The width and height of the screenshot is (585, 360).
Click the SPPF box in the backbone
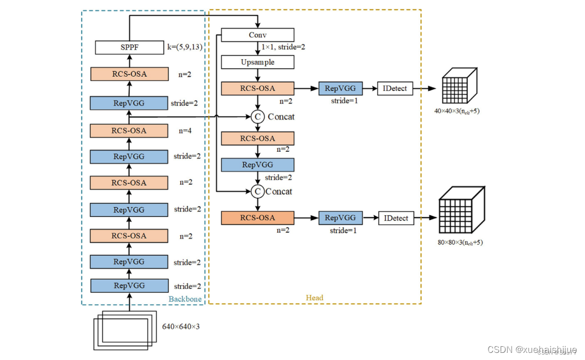129,47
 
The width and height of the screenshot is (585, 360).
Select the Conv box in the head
257,35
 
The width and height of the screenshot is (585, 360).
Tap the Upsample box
257,62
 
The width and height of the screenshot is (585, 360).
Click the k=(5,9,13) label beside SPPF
185,47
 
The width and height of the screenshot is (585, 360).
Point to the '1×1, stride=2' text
283,47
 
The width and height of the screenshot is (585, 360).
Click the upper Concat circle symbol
257,116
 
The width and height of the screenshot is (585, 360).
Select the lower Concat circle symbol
257,191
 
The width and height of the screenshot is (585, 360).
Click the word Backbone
185,299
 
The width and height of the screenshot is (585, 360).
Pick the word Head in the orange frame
314,298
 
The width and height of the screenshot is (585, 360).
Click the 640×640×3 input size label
181,327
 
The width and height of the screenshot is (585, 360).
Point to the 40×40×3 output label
457,112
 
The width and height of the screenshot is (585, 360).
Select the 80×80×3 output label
460,242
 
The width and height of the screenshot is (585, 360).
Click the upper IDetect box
395,88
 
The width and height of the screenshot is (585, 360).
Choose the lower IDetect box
396,218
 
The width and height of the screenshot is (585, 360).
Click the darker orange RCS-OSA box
257,218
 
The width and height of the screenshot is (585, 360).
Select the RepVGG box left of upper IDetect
340,88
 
